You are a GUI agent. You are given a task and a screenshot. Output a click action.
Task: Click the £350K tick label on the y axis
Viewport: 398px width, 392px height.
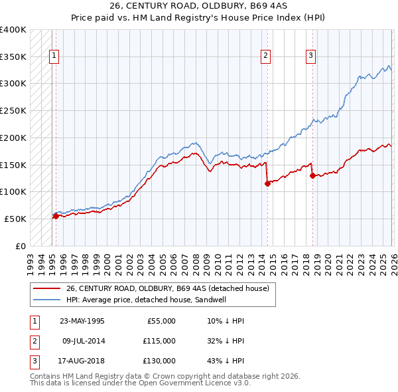click(x=13, y=57)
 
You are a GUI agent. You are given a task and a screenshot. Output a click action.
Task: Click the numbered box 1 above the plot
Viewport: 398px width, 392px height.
click(x=54, y=56)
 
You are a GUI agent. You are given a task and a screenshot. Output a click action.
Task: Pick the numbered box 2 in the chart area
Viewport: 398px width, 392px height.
click(x=265, y=56)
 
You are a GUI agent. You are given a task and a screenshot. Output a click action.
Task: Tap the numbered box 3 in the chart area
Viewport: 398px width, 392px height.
click(x=310, y=56)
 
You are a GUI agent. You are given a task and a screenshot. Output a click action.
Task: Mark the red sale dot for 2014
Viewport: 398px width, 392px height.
click(x=267, y=184)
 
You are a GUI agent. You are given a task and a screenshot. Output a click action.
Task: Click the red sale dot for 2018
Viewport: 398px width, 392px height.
click(x=312, y=175)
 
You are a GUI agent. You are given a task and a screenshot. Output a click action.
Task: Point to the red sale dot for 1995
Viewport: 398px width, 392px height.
click(x=56, y=216)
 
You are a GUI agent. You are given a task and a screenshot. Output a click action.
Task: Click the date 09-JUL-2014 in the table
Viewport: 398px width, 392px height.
click(x=82, y=341)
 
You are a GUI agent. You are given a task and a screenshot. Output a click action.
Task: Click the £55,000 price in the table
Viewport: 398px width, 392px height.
click(x=160, y=321)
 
